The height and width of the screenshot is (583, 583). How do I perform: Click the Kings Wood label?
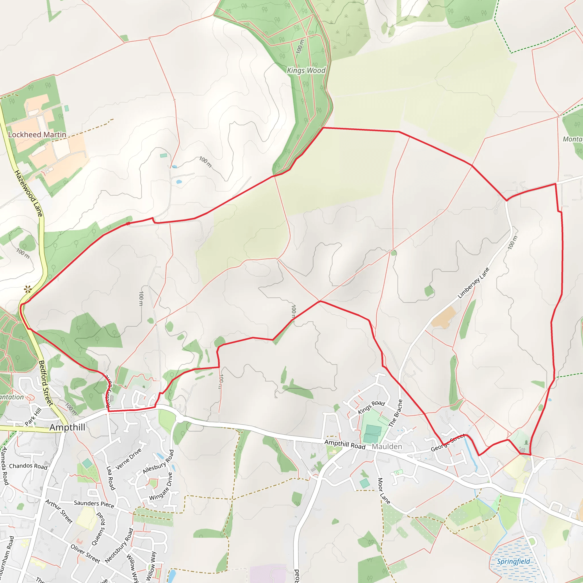306,70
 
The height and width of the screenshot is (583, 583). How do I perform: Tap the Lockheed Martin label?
37,135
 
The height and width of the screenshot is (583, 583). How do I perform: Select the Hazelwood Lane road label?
29,193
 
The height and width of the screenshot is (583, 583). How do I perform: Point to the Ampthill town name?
67,427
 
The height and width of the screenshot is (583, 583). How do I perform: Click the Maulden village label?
387,447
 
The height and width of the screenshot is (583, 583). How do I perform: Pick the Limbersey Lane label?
473,283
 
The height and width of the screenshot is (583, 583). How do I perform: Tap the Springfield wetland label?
513,562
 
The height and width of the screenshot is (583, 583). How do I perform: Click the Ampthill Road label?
345,444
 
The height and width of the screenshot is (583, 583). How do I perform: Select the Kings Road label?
371,407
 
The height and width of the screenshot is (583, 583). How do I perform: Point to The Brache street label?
396,413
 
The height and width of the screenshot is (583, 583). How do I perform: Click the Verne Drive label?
129,459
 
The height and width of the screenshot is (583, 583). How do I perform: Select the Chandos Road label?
28,466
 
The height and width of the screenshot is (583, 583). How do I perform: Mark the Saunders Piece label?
94,504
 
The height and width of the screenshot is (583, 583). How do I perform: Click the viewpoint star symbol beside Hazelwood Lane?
28,290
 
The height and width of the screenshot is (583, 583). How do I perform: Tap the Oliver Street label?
85,554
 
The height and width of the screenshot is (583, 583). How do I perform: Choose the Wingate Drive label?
161,486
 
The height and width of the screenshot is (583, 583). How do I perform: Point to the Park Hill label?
33,417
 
